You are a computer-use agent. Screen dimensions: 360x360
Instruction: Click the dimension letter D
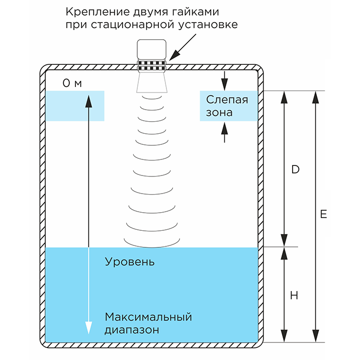click(295, 169)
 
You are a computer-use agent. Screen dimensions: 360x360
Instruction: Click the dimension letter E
click(323, 214)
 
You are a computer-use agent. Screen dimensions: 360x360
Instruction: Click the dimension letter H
click(294, 296)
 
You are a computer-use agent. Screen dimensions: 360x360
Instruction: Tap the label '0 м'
click(72, 83)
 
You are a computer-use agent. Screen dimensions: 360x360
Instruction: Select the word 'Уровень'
click(130, 262)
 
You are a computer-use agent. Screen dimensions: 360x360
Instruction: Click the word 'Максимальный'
click(148, 317)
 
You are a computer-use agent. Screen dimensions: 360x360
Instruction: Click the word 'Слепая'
click(228, 99)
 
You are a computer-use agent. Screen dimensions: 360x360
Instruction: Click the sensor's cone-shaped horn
click(152, 82)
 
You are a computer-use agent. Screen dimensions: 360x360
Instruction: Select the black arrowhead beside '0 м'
click(89, 101)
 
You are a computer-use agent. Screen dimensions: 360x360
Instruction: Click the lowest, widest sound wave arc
click(152, 244)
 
